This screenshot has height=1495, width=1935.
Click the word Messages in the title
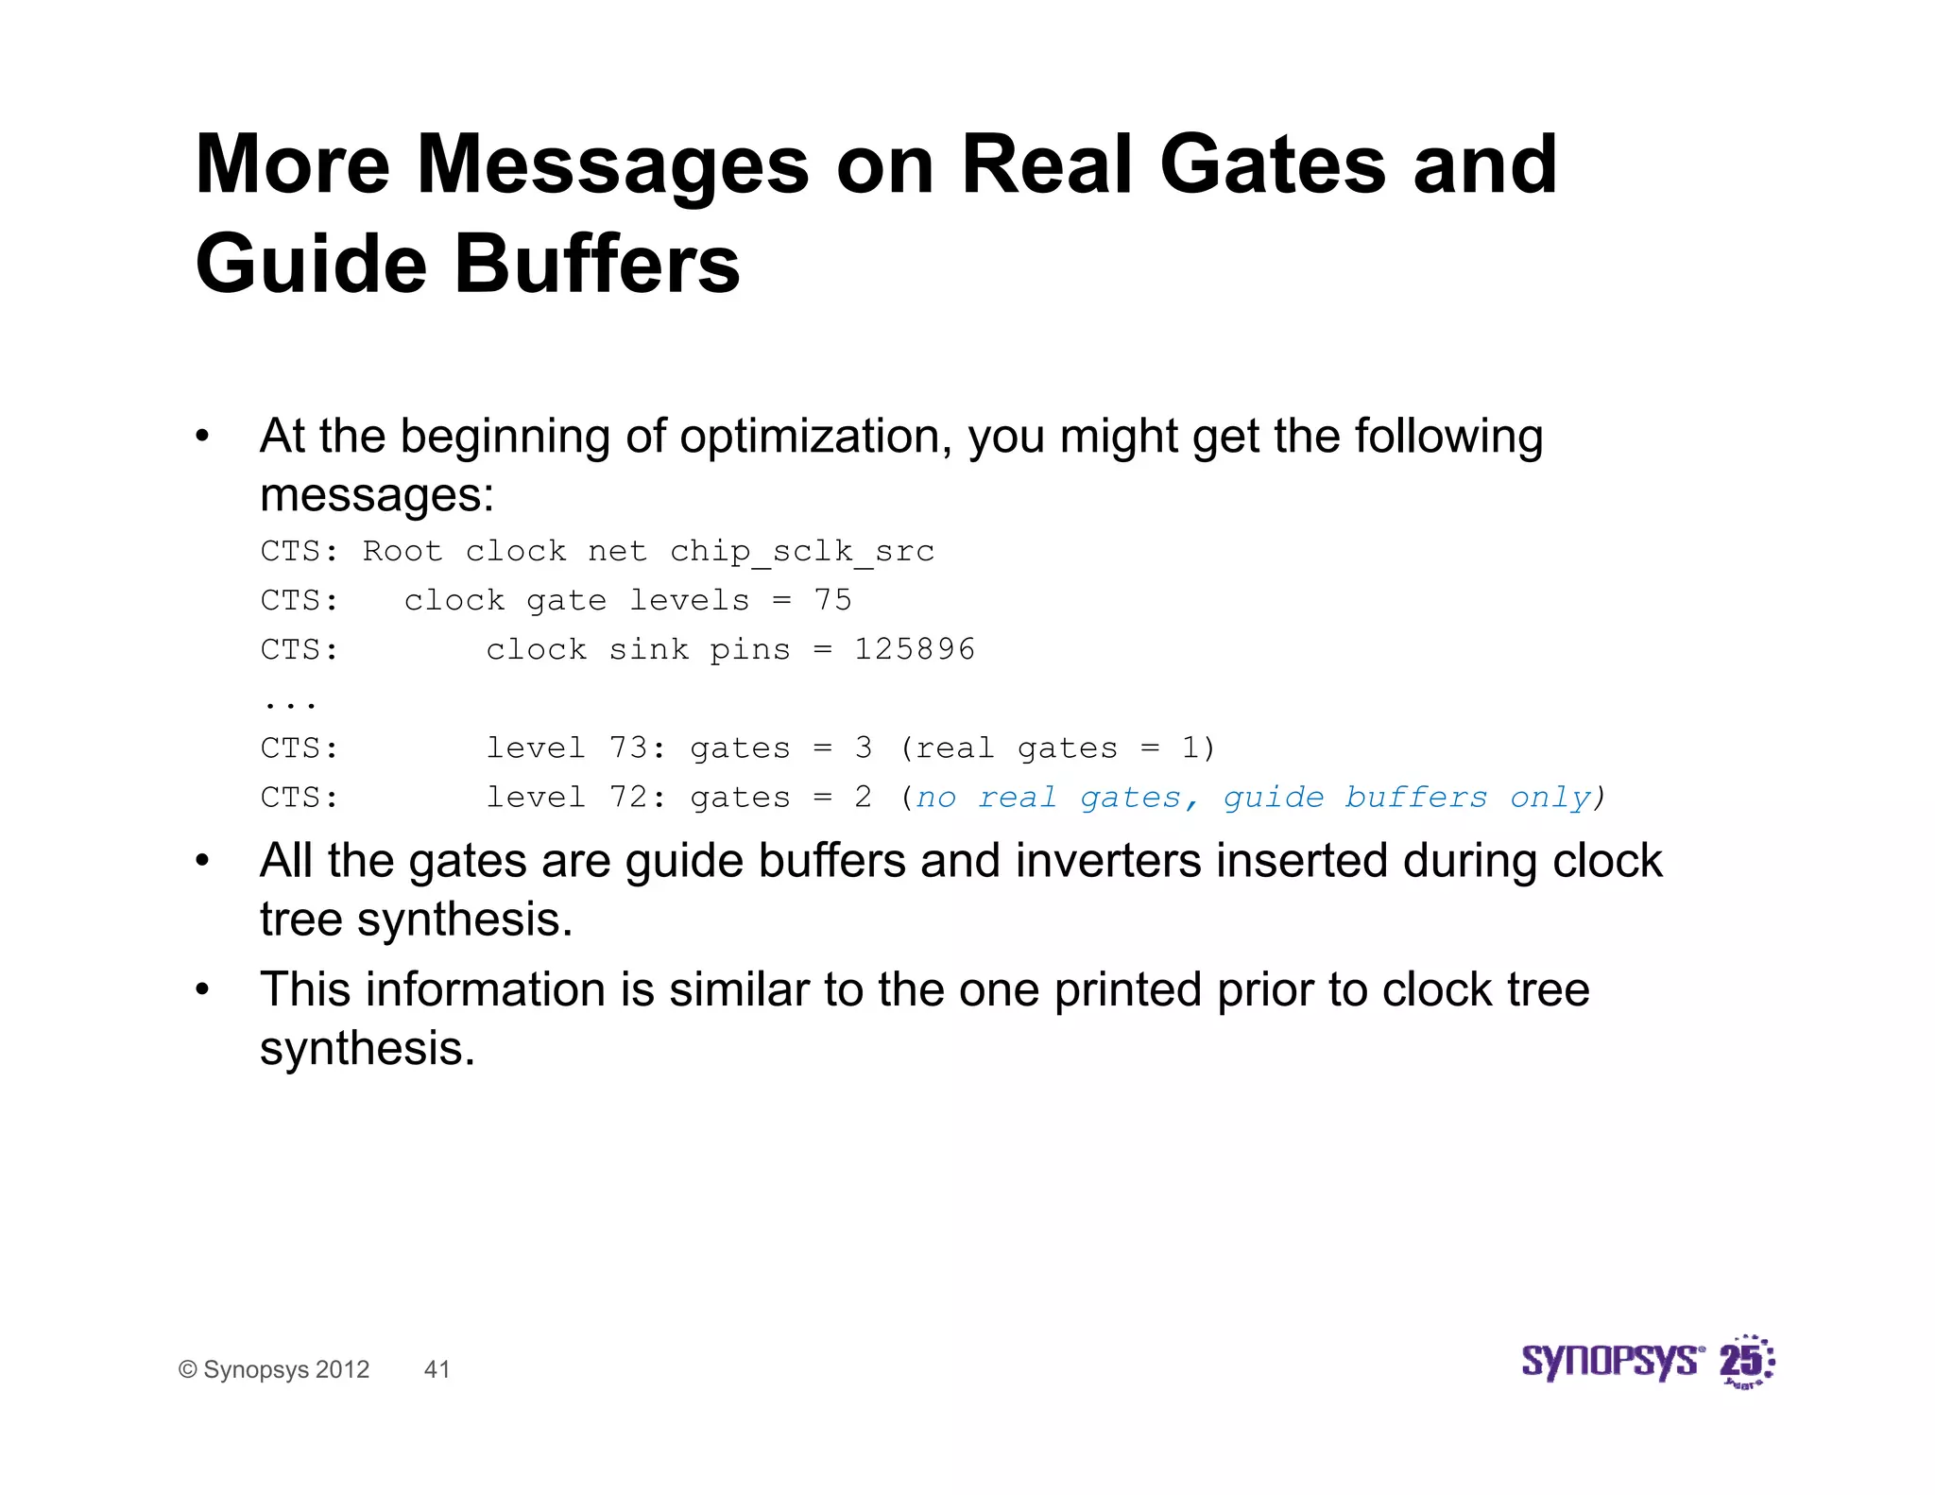(612, 164)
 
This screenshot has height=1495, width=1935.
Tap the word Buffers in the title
(597, 264)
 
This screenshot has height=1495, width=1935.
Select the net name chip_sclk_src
(802, 551)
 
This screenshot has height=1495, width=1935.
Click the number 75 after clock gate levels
(832, 600)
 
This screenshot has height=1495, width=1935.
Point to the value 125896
(914, 649)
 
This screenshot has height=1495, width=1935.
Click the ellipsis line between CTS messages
(290, 702)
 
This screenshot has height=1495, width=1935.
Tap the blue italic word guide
(1274, 797)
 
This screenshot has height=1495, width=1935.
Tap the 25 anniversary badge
(1746, 1363)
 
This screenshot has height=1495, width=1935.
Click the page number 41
(437, 1369)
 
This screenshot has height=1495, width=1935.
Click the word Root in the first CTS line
(402, 551)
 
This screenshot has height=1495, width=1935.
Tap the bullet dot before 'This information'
(201, 989)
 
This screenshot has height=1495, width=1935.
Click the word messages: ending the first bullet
(377, 495)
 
